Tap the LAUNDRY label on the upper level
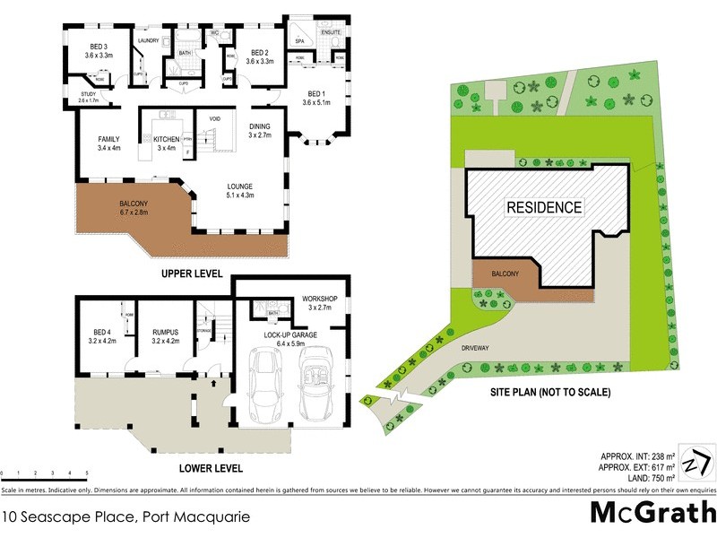tap(148, 39)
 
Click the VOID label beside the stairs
tap(215, 118)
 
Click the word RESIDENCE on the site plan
tap(544, 207)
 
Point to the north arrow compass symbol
tap(695, 463)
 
